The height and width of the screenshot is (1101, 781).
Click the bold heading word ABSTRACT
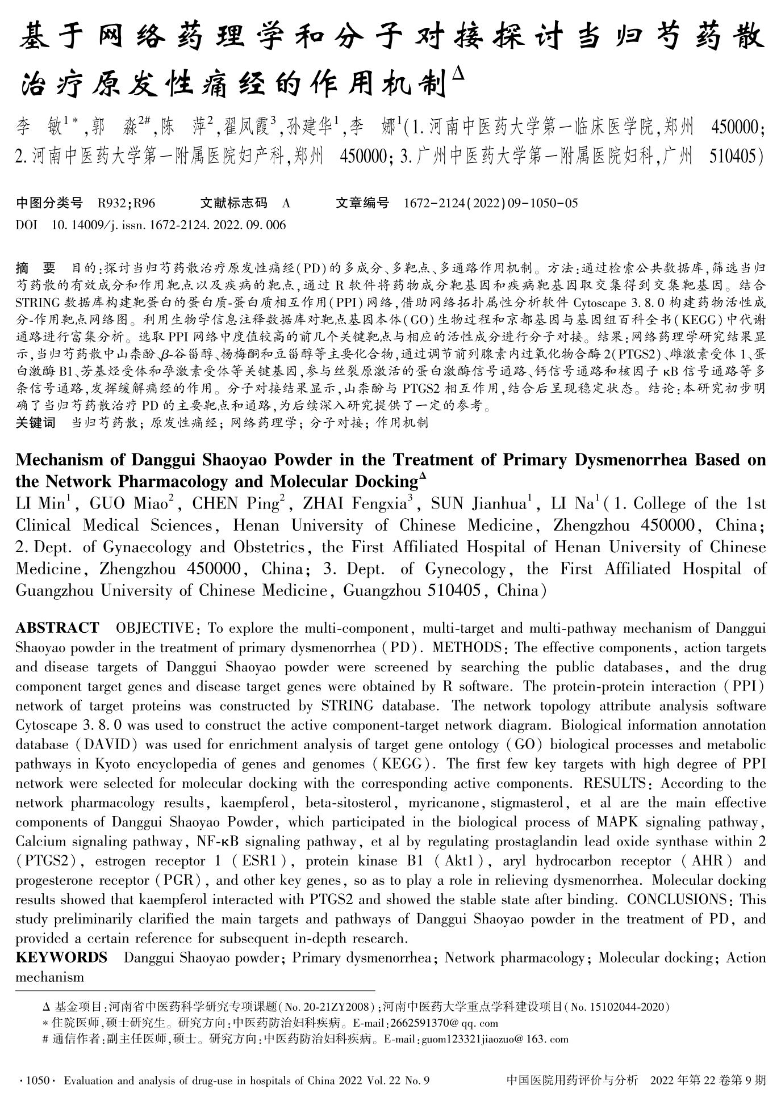pos(57,628)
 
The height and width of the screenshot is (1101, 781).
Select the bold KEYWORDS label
pos(61,957)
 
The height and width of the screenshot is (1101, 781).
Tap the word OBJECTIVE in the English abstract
pos(154,628)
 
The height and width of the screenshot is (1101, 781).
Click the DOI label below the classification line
pos(27,225)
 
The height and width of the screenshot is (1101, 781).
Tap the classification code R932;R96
pos(127,203)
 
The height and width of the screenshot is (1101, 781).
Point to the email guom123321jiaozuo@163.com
pos(494,1039)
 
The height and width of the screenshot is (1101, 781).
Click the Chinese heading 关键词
pos(35,423)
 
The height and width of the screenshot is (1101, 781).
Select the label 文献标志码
pos(233,203)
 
